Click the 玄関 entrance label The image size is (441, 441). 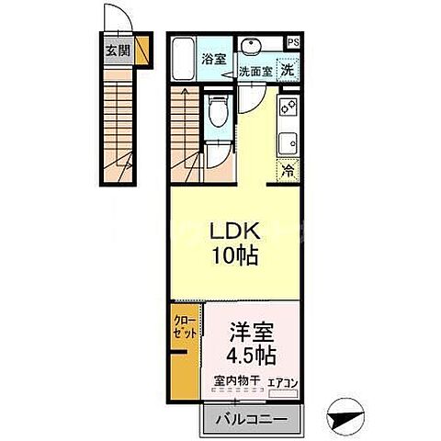[x=116, y=51]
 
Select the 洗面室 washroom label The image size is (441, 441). [x=254, y=70]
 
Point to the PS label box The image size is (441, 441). [x=292, y=41]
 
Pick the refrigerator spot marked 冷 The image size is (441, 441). [x=288, y=170]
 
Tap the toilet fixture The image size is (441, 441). [x=215, y=115]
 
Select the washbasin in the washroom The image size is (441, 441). [x=251, y=46]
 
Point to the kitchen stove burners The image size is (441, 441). [x=288, y=108]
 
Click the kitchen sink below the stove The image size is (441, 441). [x=288, y=142]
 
